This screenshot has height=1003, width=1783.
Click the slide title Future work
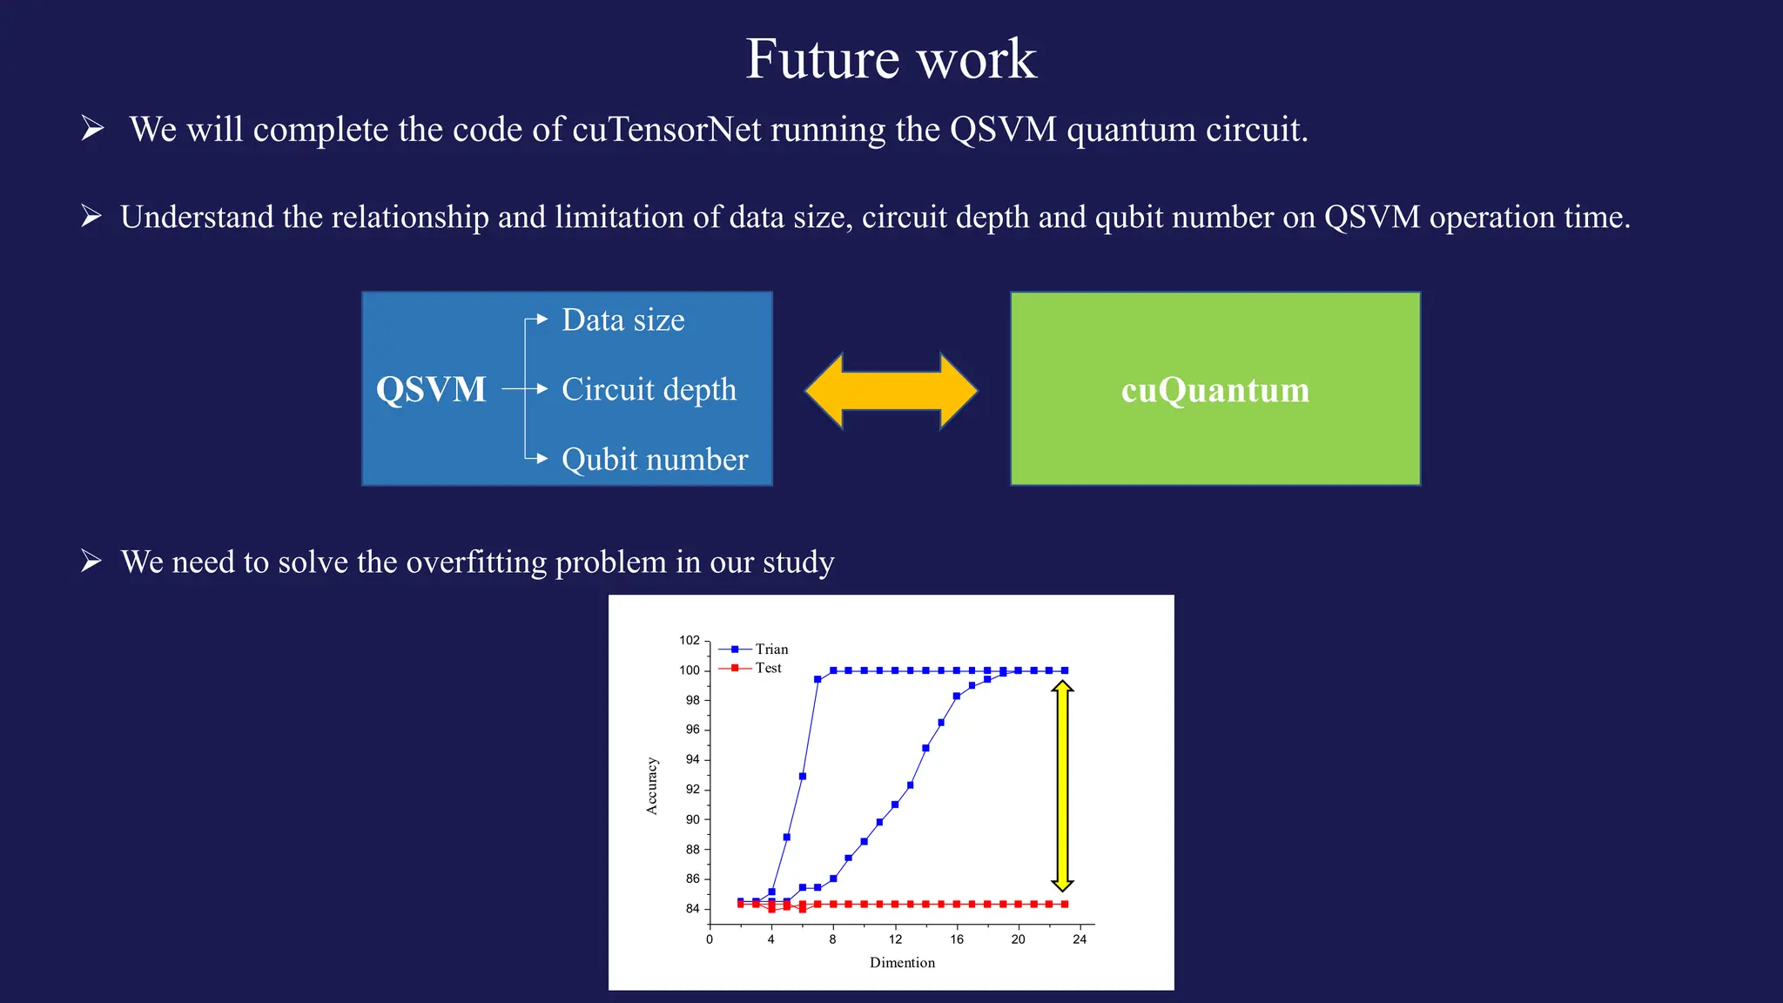pos(891,59)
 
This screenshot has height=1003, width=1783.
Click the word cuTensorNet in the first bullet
pos(666,130)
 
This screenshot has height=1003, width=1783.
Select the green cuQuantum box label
pos(1215,389)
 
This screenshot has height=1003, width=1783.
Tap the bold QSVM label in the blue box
pos(431,389)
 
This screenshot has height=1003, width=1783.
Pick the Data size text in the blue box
pos(623,320)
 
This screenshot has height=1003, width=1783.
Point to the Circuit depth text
pos(649,389)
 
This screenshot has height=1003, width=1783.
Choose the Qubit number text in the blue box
pos(655,459)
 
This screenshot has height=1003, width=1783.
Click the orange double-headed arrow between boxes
pos(891,391)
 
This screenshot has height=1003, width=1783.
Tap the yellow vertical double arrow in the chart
pos(1062,786)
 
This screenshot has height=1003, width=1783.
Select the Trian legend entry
pos(771,650)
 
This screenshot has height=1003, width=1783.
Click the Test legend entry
pos(768,668)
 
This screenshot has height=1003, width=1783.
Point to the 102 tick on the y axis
pos(690,640)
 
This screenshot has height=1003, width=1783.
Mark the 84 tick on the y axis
pos(692,908)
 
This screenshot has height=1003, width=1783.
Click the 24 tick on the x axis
pos(1080,939)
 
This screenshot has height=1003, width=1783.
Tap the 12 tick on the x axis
pos(895,939)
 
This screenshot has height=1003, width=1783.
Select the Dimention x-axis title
pos(902,962)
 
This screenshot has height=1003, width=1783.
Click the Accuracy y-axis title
pos(652,786)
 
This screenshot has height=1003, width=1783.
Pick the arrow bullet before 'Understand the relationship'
pos(91,216)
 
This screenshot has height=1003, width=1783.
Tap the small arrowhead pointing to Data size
pos(542,320)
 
